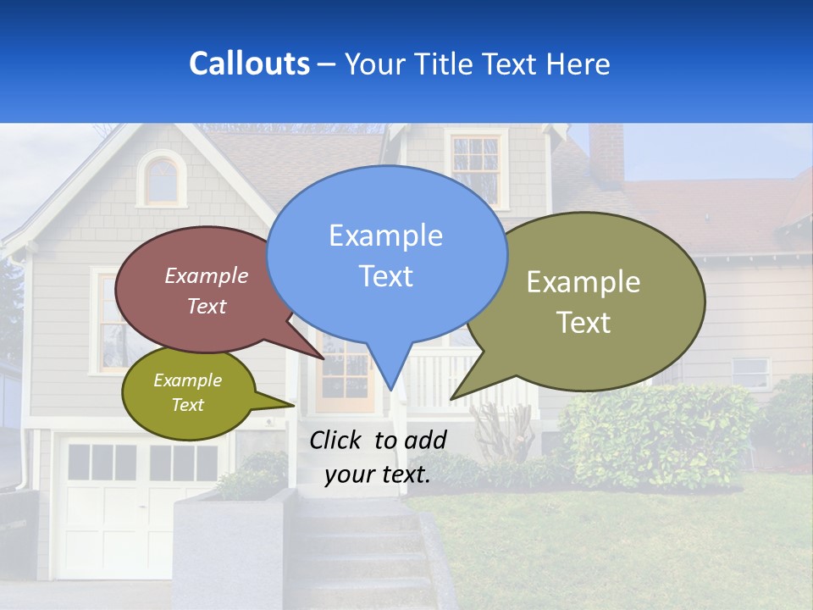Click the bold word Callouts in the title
[249, 64]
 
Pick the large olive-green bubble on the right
[584, 302]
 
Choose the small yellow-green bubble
[188, 393]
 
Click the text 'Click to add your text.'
[378, 457]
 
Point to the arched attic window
[162, 180]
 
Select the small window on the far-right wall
[750, 372]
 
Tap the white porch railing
[440, 377]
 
